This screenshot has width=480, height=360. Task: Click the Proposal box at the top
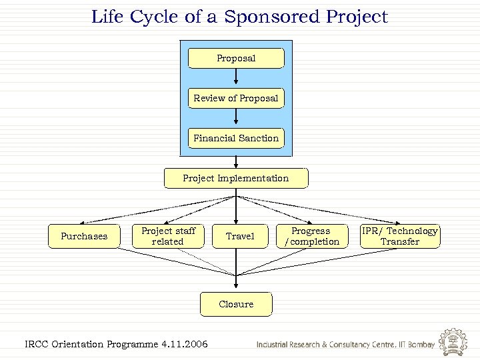click(236, 58)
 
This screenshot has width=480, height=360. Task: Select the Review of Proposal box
click(236, 98)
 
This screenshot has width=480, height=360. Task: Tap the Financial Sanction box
click(236, 138)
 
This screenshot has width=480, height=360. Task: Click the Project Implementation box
click(236, 178)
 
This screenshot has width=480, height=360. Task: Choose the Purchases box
click(84, 236)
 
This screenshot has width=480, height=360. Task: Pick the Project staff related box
click(167, 236)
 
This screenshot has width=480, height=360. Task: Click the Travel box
click(239, 236)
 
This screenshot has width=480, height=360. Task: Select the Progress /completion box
click(311, 236)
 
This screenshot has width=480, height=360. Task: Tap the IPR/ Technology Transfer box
click(400, 236)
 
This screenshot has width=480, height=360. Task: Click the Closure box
click(236, 304)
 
